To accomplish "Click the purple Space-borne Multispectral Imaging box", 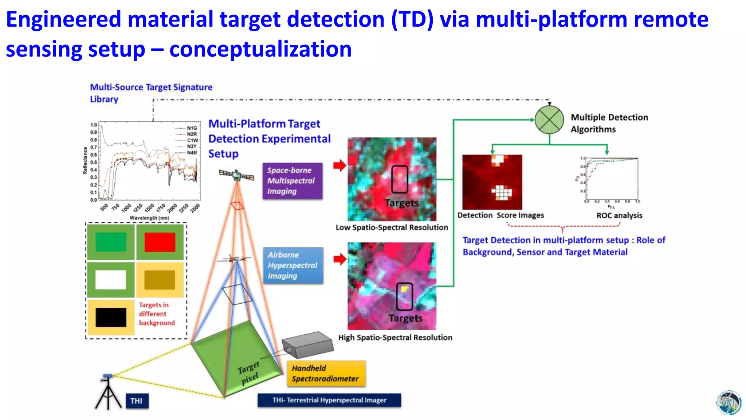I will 292,181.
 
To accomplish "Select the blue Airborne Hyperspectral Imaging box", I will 293,265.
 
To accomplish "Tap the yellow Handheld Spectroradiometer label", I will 326,374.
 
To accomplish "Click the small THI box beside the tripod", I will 137,401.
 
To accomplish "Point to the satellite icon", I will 236,175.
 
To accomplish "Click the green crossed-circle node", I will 549,120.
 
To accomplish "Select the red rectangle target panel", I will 160,242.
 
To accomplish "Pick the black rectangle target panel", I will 111,317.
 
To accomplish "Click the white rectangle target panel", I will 111,280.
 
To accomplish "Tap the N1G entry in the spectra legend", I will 192,128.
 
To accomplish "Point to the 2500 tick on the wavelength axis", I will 195,208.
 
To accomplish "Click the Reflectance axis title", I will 85,161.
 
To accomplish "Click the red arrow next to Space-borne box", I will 339,166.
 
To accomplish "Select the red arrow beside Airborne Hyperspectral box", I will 339,259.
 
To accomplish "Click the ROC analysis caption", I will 619,215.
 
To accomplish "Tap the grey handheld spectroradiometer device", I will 308,345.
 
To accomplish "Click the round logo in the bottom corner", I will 729,402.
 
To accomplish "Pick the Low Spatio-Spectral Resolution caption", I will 392,227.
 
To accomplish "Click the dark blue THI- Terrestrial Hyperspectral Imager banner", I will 329,400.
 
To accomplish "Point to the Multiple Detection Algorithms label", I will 609,123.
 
